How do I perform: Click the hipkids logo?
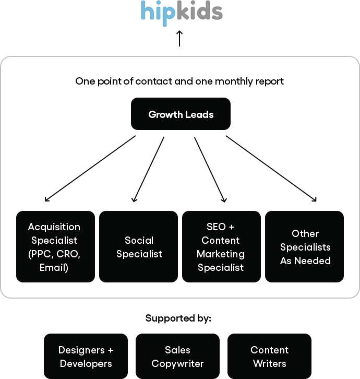click(182, 13)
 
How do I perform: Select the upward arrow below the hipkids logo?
click(179, 38)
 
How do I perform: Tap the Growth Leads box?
click(181, 114)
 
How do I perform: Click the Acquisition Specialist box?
click(56, 246)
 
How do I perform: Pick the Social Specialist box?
click(138, 246)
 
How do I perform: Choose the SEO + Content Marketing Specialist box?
click(221, 246)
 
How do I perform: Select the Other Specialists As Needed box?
click(304, 246)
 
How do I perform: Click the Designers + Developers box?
click(86, 356)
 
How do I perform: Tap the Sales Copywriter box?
click(177, 356)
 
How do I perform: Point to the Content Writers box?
click(269, 356)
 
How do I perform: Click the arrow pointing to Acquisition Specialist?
click(90, 169)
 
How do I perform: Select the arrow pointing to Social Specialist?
click(148, 170)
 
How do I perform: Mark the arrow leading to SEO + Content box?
click(210, 170)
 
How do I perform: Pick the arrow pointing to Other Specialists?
click(271, 169)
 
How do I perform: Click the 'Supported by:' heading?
click(178, 318)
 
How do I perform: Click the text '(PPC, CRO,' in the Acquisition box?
click(54, 254)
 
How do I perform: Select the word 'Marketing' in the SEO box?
click(221, 254)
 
